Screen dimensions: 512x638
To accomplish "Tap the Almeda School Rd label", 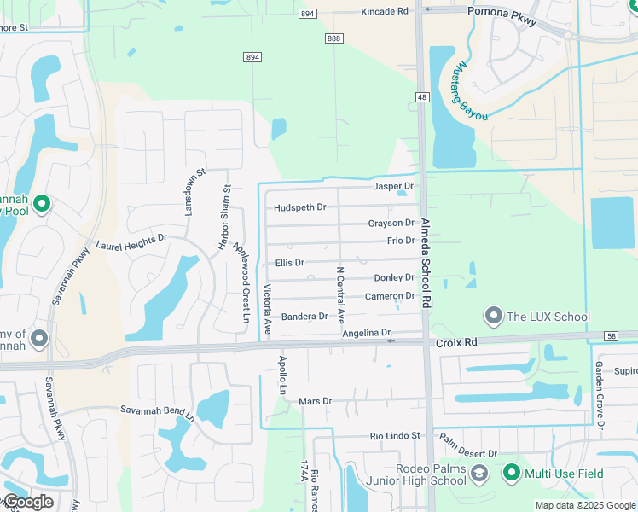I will (x=426, y=273).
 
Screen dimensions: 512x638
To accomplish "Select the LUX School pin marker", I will (x=493, y=317).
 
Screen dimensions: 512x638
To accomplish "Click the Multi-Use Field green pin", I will (x=512, y=472).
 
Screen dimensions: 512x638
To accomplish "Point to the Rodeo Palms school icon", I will (x=479, y=473).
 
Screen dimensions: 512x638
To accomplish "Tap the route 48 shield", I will (x=422, y=97).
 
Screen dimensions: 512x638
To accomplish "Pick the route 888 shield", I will (x=333, y=38).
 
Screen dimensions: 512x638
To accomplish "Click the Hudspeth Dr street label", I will (x=300, y=207).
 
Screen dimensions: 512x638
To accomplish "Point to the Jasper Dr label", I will (x=393, y=186).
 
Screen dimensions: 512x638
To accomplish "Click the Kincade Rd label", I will (x=385, y=12).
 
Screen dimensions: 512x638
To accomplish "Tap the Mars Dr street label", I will (x=315, y=401).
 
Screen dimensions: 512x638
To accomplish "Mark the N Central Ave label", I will (x=339, y=294).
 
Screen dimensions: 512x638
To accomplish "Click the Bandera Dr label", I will (x=304, y=317).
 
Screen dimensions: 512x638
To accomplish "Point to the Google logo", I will (x=27, y=502).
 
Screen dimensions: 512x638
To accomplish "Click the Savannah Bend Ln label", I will (x=157, y=414).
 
